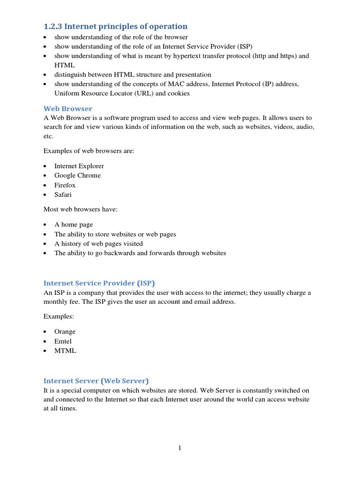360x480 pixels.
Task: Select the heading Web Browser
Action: point(68,108)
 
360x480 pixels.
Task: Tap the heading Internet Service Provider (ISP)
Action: point(99,283)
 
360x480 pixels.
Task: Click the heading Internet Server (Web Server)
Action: point(96,381)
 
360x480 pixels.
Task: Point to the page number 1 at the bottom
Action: point(180,448)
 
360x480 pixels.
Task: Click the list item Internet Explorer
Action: point(79,166)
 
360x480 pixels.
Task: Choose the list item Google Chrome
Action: point(77,175)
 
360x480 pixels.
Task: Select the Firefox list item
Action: point(65,185)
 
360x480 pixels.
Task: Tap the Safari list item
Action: point(63,195)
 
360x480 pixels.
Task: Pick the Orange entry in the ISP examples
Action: point(65,331)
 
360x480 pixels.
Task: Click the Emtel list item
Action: point(63,341)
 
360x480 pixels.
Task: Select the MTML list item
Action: point(65,351)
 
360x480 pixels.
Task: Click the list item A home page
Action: point(74,225)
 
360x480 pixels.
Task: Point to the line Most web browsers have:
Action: point(81,210)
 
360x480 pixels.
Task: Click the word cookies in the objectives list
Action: point(179,93)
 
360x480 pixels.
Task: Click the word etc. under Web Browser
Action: point(48,136)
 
